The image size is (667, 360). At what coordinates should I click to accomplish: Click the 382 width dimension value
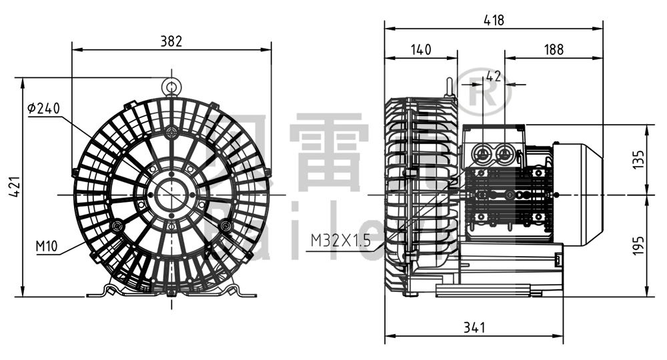click(x=171, y=41)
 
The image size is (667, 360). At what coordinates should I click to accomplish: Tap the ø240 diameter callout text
click(x=44, y=108)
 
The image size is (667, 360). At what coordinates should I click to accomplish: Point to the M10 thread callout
click(x=46, y=247)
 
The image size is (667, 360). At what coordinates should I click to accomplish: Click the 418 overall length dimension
click(x=494, y=20)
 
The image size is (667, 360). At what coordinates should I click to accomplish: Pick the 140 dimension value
click(x=422, y=49)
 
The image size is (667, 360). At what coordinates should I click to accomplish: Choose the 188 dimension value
click(x=554, y=49)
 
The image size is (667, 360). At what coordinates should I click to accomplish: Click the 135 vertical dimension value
click(x=639, y=159)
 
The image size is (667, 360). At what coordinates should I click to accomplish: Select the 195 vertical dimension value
click(x=639, y=245)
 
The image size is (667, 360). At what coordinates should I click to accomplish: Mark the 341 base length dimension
click(x=474, y=327)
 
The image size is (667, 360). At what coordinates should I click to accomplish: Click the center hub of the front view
click(x=171, y=194)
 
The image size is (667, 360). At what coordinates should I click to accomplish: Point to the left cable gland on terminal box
click(x=482, y=154)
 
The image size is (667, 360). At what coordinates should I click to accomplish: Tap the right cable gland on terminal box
click(x=504, y=154)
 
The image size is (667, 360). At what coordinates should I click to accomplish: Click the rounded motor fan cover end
click(x=587, y=193)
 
